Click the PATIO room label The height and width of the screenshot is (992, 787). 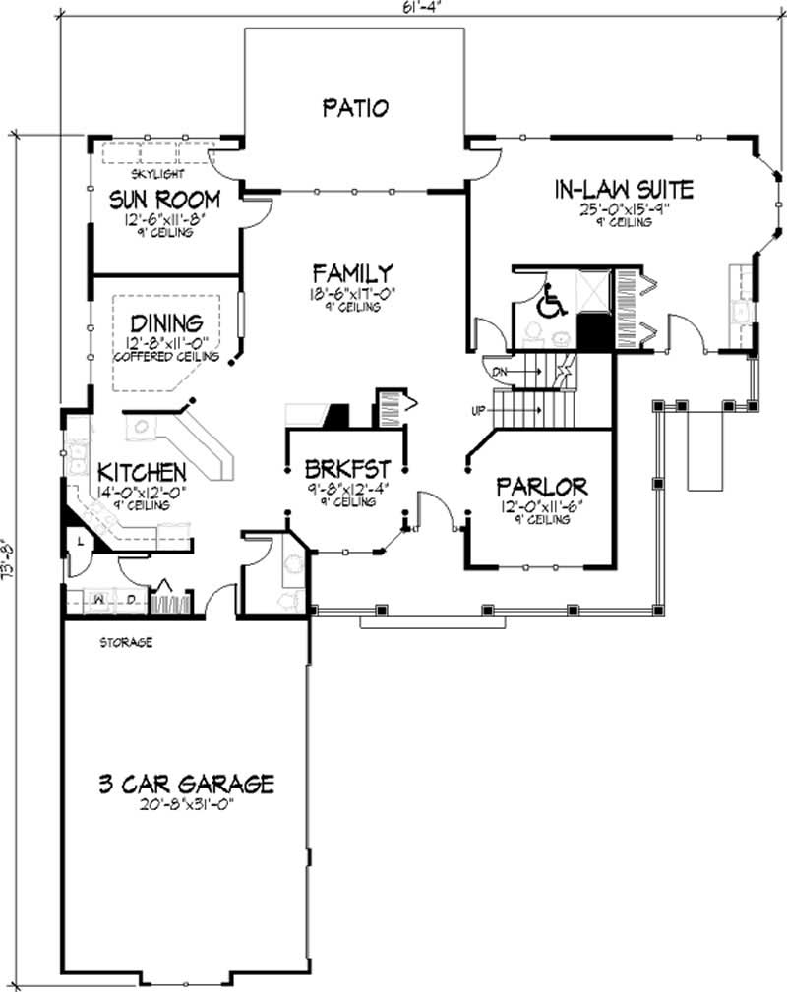click(355, 108)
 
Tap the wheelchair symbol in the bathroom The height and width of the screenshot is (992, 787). click(551, 302)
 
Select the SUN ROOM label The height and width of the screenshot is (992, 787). click(164, 201)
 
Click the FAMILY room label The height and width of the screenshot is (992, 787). click(353, 272)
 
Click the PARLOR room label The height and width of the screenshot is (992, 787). click(542, 487)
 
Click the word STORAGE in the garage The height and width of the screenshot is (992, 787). click(125, 643)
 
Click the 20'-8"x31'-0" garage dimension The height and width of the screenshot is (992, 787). click(185, 804)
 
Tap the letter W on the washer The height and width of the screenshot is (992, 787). click(99, 599)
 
